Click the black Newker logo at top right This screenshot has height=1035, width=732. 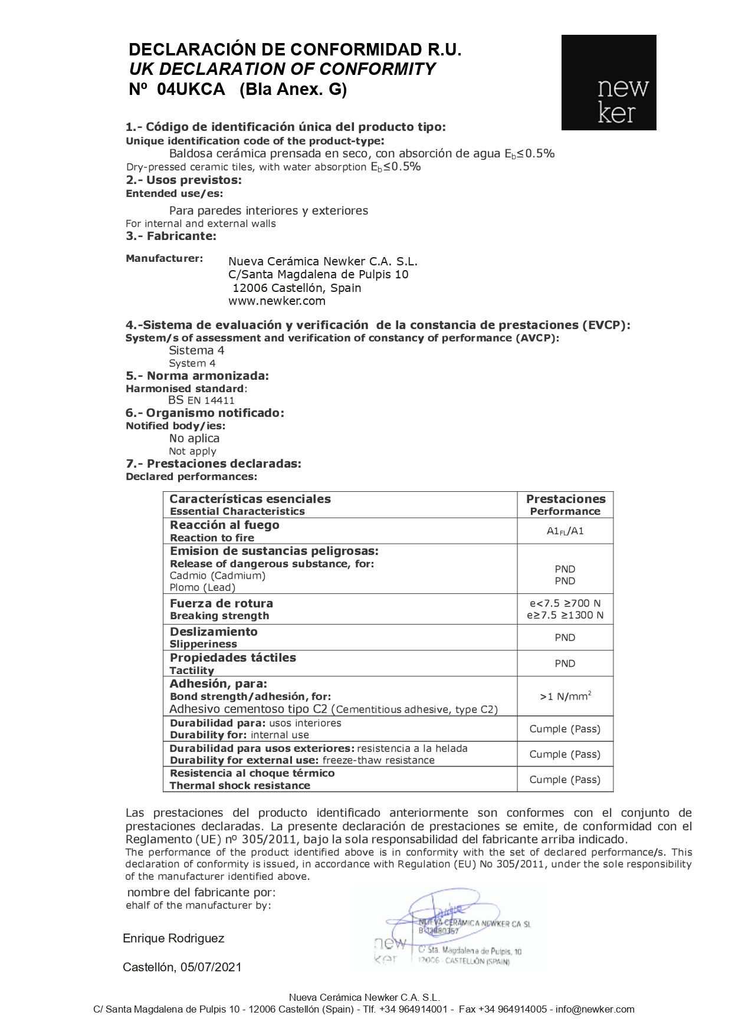click(x=608, y=83)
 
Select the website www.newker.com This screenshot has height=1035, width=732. click(x=277, y=301)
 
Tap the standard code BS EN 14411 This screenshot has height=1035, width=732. click(x=201, y=400)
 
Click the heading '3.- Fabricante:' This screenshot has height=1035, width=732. click(x=171, y=236)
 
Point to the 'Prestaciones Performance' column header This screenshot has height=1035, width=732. click(x=565, y=505)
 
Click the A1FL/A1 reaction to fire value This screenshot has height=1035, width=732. click(x=565, y=531)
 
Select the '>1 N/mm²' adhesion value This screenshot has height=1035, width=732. click(x=565, y=696)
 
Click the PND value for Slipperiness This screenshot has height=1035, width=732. click(x=565, y=638)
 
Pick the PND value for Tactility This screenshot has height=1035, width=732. click(x=565, y=663)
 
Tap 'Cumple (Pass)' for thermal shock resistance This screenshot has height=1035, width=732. click(x=565, y=780)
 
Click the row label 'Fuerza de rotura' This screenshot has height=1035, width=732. click(x=221, y=603)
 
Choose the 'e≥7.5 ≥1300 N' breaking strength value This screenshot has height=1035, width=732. click(x=565, y=616)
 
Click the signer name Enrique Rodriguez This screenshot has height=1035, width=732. click(x=173, y=938)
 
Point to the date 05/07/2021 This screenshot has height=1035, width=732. click(x=211, y=967)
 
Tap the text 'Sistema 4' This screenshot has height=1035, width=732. click(x=196, y=350)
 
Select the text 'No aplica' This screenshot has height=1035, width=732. click(x=194, y=438)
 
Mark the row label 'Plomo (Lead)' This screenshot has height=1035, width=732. click(x=202, y=587)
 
